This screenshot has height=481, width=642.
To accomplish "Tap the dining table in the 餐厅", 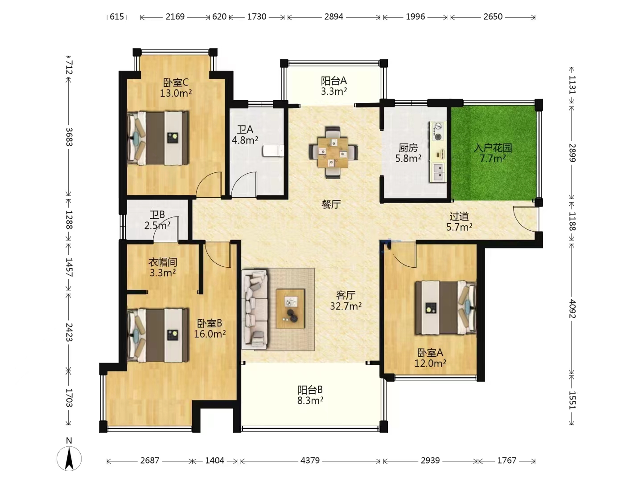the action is [333, 152].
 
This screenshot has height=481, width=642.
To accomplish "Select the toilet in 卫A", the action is [273, 151].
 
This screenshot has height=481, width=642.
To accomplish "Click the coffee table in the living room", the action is [290, 309].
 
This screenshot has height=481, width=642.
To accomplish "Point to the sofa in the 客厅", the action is [254, 309].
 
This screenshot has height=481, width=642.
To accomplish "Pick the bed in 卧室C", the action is [158, 138].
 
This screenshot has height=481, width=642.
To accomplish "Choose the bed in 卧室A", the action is [445, 308].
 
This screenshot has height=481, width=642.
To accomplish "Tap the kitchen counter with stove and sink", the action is [438, 152].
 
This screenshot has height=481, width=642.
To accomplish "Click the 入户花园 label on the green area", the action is [493, 148].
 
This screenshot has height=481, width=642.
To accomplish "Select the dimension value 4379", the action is [310, 461].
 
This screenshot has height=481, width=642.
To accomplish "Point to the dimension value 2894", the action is [334, 16].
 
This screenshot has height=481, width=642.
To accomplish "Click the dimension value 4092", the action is [572, 309].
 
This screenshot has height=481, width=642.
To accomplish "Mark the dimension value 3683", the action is [69, 137].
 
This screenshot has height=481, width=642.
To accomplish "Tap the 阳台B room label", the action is [310, 390].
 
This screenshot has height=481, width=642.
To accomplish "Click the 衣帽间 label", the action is [163, 262].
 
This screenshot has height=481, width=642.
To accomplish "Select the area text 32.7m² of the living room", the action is [346, 306].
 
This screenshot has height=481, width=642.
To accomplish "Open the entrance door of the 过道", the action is [526, 220].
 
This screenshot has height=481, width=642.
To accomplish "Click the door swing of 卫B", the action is [166, 228].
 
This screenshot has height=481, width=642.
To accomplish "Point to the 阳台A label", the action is [334, 80].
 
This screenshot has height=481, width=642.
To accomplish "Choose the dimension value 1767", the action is [506, 461].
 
